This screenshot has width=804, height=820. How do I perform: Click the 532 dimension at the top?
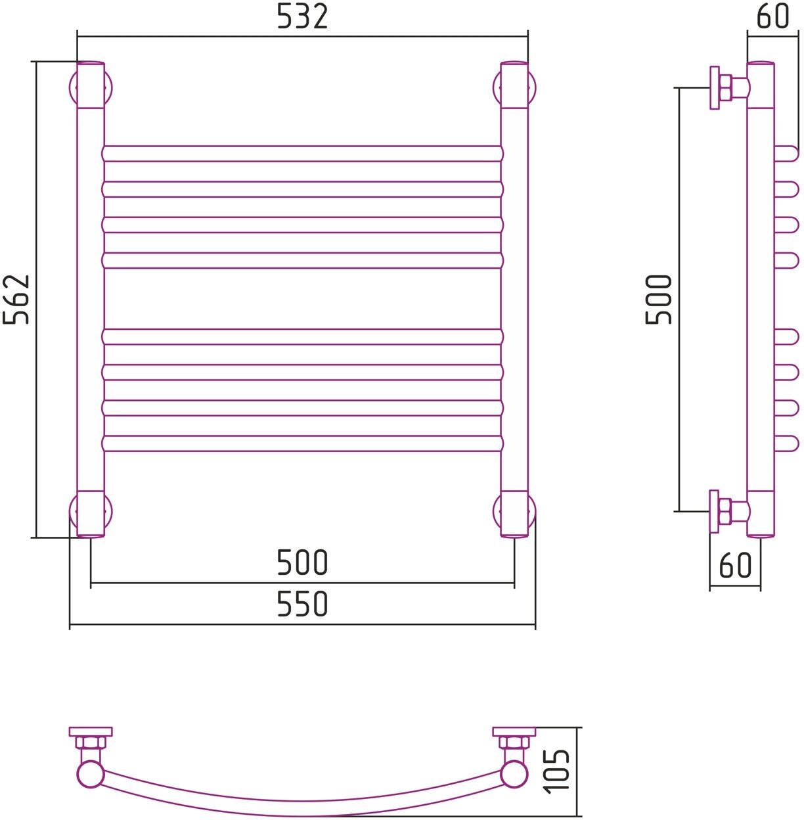click(302, 16)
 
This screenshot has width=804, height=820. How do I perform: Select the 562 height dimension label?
click(16, 300)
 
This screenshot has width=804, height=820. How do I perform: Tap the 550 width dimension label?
click(302, 603)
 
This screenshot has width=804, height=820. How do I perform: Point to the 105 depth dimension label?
click(556, 771)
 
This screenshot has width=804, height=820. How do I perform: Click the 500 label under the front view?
click(302, 562)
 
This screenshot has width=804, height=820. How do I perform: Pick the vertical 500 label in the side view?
click(658, 300)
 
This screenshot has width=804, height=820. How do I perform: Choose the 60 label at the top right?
click(772, 16)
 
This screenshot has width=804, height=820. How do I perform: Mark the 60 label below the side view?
click(736, 564)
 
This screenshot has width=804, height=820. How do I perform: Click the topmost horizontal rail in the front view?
click(303, 154)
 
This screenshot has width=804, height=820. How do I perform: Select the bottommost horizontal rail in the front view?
click(303, 444)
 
